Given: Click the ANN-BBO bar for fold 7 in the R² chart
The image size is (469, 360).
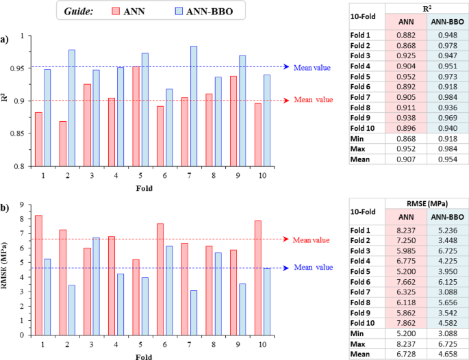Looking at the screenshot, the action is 194,106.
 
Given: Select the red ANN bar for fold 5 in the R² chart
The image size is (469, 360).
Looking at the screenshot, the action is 136,116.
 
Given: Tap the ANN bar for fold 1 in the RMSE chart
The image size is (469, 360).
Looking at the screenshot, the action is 38,275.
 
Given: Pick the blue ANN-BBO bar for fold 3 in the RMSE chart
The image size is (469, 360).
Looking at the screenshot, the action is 96,287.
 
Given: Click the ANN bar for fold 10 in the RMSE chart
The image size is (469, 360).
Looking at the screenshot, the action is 258,278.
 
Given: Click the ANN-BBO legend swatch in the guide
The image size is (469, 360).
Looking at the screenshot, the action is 179,11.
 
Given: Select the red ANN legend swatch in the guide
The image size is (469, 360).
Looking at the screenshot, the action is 116,11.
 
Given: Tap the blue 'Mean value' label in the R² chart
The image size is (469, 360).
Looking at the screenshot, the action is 312,68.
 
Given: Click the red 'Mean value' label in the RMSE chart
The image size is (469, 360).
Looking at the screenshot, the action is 311,240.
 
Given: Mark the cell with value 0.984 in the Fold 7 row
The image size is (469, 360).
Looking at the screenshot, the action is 448,97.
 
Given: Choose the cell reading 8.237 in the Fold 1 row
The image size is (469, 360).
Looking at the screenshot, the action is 406,230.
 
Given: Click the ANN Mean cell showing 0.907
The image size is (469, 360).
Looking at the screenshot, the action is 406,159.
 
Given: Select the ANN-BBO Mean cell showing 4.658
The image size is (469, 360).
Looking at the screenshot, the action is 448,355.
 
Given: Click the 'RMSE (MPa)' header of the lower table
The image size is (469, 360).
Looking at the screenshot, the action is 427,204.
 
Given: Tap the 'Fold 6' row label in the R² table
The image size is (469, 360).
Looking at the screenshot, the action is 360,87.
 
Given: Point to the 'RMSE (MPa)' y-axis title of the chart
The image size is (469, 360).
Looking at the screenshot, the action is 4,266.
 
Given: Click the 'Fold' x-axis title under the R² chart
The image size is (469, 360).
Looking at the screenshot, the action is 144,188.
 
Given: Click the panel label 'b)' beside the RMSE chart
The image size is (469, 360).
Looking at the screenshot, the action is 5,208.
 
